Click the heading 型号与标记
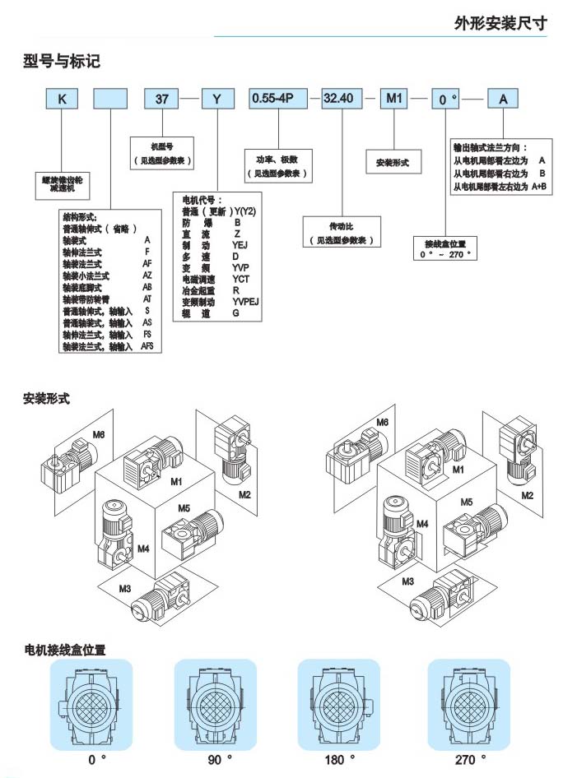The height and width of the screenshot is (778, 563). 62,62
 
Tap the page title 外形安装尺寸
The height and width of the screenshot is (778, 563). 500,24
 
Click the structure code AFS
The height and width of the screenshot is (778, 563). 147,347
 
